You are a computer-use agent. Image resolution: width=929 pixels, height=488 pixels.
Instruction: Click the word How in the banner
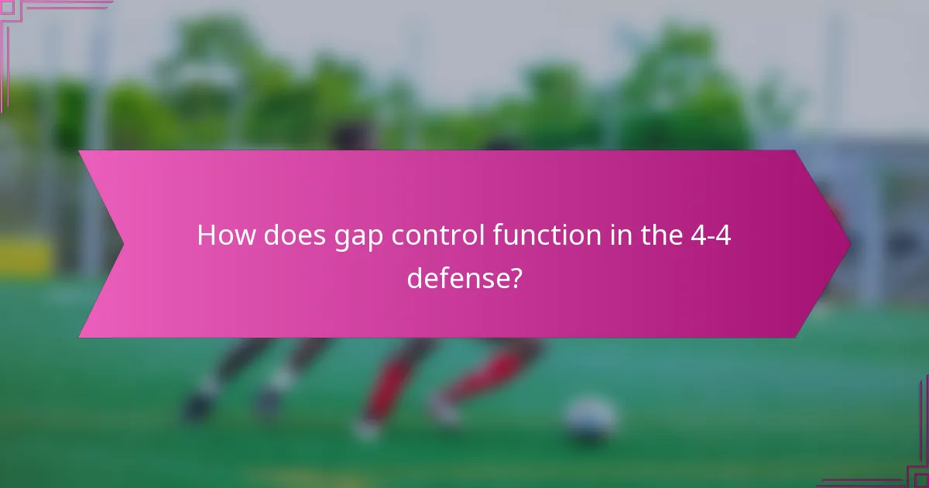228,235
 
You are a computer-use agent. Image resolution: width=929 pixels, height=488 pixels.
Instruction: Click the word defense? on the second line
464,277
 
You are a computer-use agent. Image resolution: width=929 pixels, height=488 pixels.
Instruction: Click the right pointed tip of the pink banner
849,244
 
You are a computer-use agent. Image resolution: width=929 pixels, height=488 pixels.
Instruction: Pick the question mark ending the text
513,277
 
